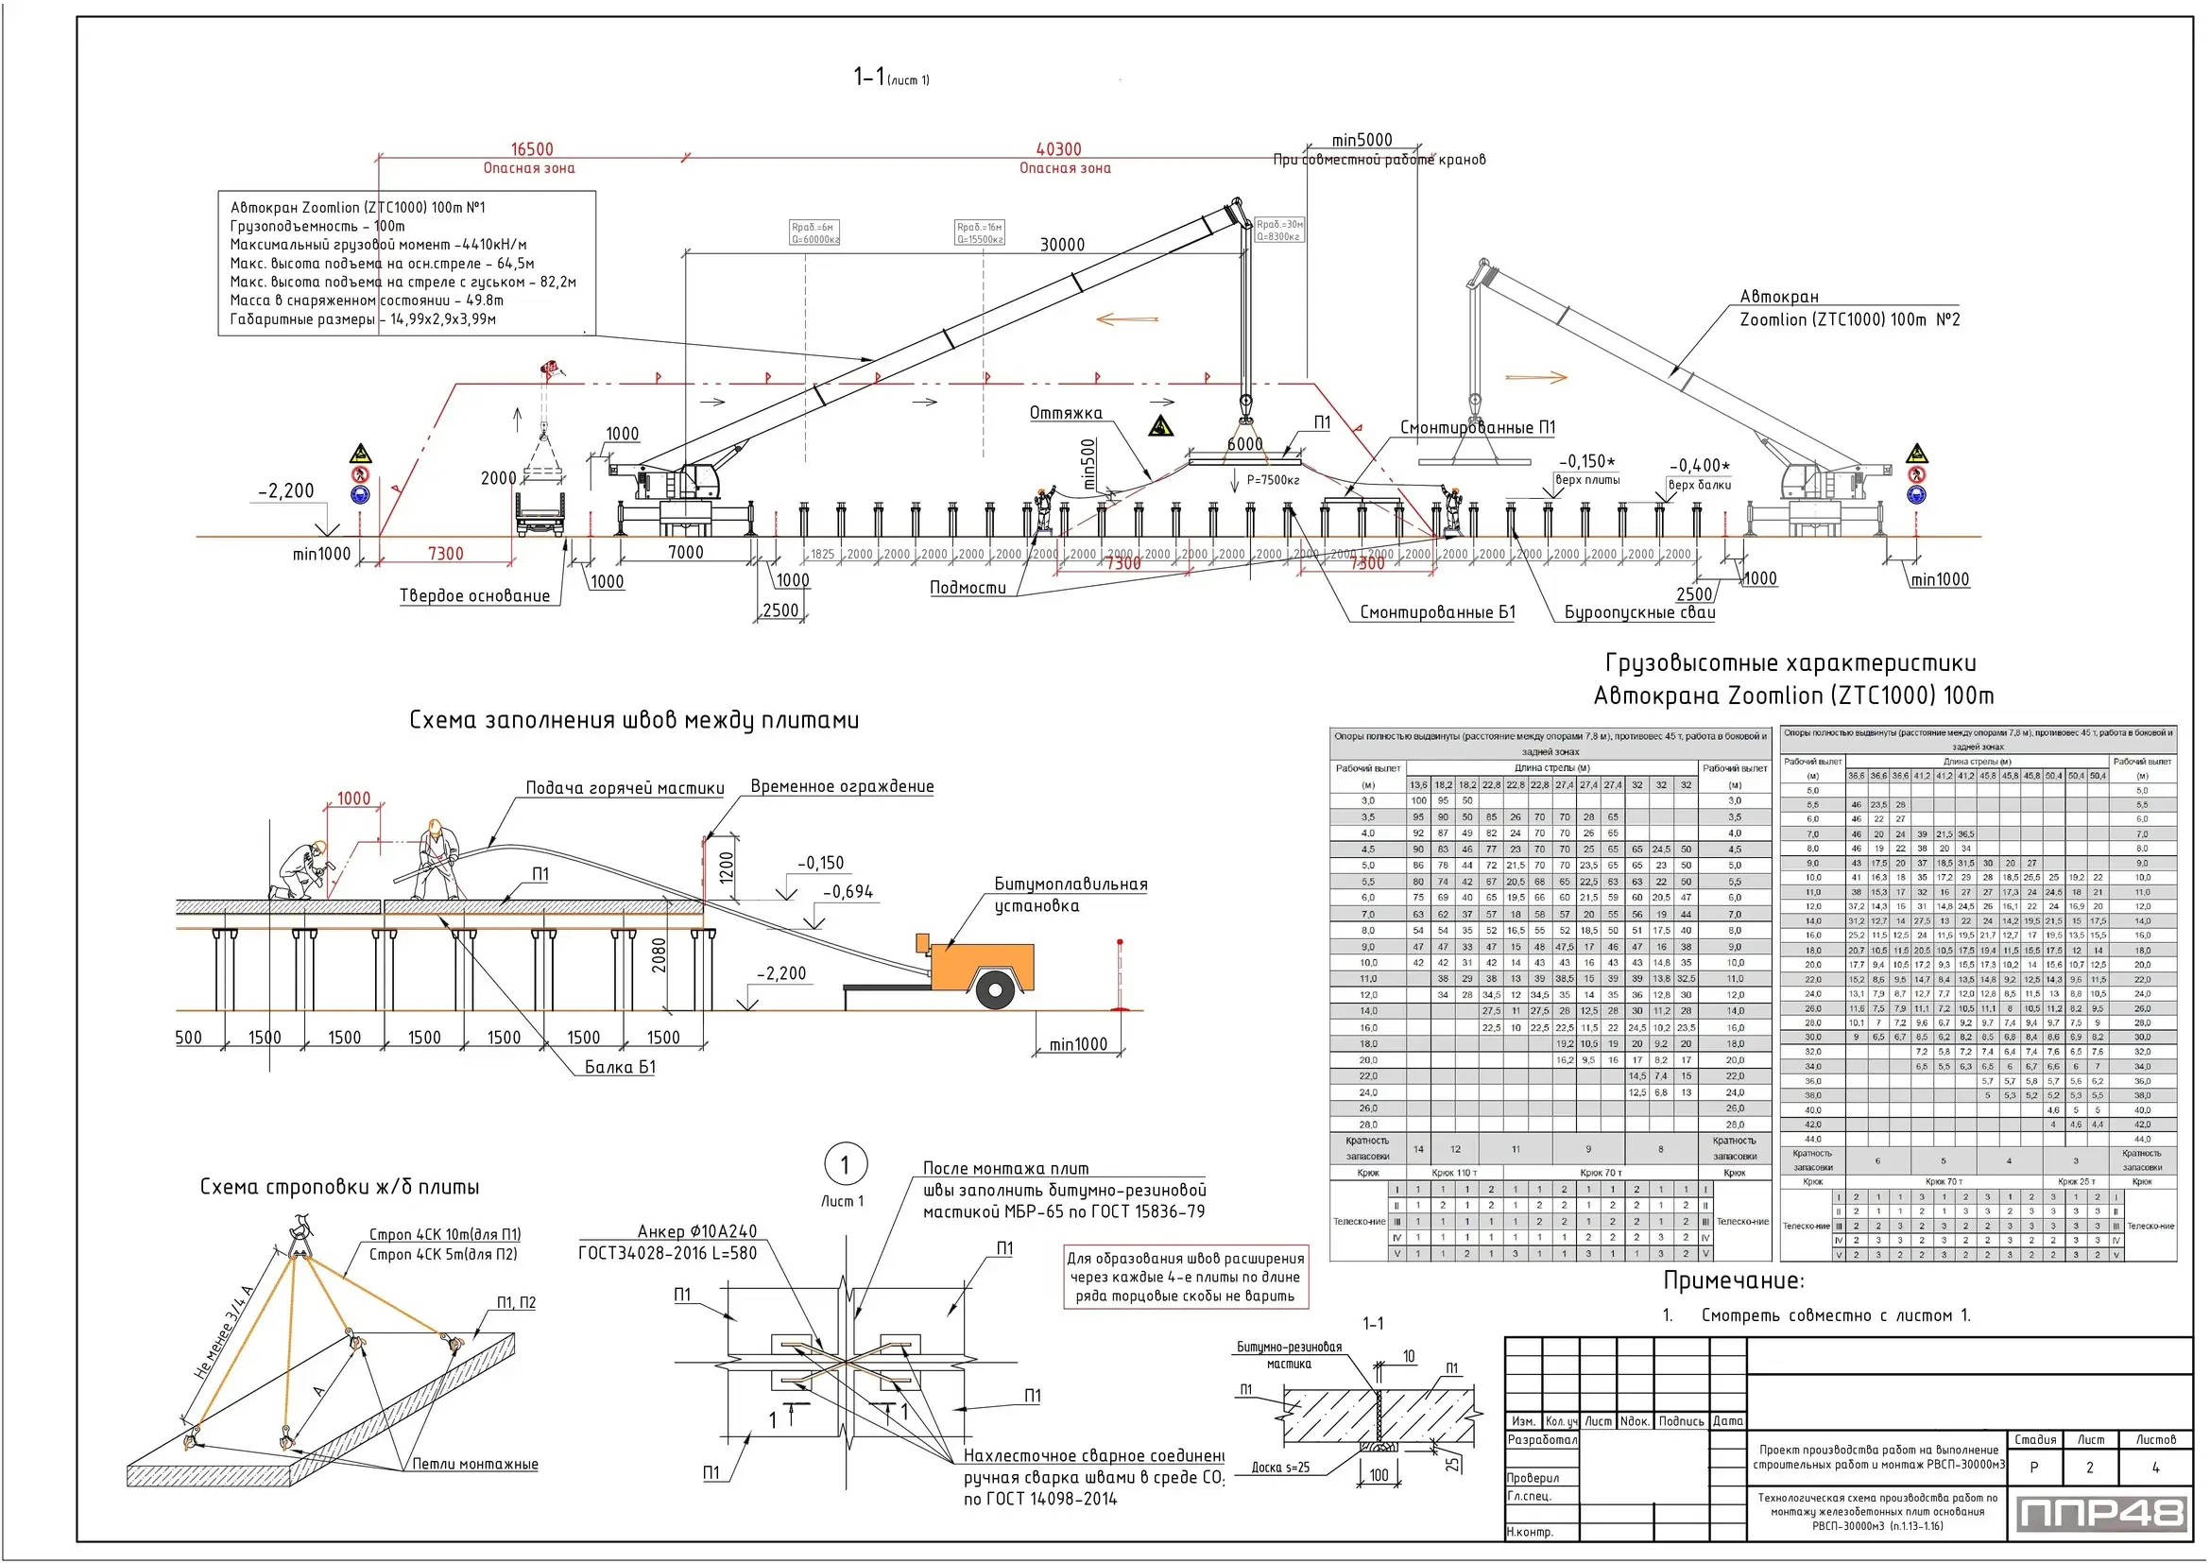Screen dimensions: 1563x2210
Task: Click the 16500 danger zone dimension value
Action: [531, 149]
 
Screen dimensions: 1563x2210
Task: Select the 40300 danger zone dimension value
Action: [1058, 149]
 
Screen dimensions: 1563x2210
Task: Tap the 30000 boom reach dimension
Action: [1062, 245]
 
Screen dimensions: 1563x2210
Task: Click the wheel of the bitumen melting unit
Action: [994, 988]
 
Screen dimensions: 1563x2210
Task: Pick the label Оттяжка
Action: [1066, 413]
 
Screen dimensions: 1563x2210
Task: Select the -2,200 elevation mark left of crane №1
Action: [286, 490]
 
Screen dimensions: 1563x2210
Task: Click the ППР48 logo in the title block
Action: [2099, 1513]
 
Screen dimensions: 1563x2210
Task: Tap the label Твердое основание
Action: [474, 595]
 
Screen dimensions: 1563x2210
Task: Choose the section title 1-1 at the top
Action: [869, 77]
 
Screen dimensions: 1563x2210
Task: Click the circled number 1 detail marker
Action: [845, 1165]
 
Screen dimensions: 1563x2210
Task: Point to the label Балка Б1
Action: [620, 1066]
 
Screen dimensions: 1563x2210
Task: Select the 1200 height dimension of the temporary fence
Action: [727, 867]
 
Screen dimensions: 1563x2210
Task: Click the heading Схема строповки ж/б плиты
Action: [339, 1187]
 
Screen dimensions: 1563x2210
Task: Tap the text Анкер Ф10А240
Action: [697, 1231]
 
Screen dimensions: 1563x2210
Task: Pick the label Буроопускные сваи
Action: [1639, 612]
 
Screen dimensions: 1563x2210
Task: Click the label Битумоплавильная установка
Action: [1070, 894]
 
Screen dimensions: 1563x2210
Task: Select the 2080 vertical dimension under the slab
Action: [660, 954]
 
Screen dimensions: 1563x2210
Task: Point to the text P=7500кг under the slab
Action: [1273, 480]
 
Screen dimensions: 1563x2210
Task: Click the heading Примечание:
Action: [1734, 1281]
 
